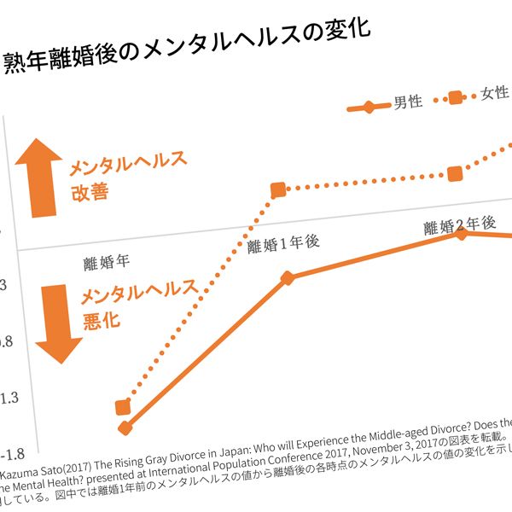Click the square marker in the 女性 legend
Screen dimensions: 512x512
pyautogui.click(x=456, y=97)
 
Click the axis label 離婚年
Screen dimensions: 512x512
pyautogui.click(x=106, y=261)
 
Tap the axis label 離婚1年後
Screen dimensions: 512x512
pyautogui.click(x=282, y=244)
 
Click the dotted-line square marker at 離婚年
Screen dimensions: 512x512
pyautogui.click(x=123, y=406)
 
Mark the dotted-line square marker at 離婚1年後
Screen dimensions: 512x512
pyautogui.click(x=278, y=190)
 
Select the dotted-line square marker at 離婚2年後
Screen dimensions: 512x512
pyautogui.click(x=455, y=173)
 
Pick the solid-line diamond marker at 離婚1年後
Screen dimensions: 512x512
pyautogui.click(x=288, y=278)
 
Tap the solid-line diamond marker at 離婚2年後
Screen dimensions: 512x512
pyautogui.click(x=462, y=233)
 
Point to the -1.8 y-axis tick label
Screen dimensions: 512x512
pyautogui.click(x=13, y=452)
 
